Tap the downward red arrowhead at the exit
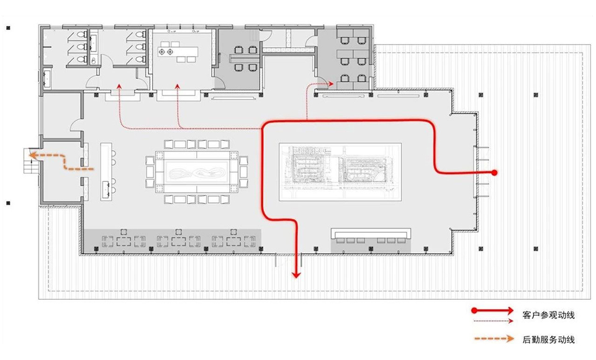click(x=296, y=272)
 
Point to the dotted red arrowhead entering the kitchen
click(x=178, y=87)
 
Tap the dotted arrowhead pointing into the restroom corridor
click(x=119, y=87)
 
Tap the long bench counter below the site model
click(x=371, y=233)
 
